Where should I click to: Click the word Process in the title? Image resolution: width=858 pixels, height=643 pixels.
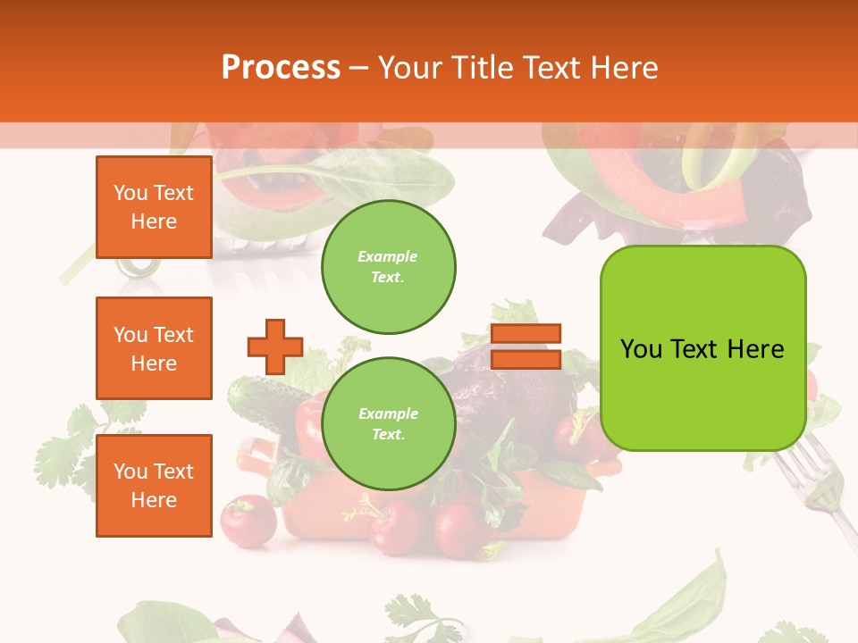point(281,68)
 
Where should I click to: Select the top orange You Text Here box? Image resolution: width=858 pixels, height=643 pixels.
point(154,207)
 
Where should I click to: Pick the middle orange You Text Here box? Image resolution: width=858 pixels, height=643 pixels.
point(154,348)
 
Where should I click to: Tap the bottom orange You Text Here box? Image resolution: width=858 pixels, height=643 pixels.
point(154,485)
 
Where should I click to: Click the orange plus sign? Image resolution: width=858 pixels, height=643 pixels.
point(274,347)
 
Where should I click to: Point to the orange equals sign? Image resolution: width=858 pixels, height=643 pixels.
point(526,347)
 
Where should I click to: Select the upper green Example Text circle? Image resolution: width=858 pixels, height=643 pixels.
point(388,267)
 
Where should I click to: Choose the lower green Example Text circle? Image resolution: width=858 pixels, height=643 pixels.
point(388,424)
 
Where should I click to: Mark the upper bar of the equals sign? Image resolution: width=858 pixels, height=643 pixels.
point(526,334)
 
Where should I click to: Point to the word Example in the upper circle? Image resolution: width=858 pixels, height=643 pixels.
point(388,257)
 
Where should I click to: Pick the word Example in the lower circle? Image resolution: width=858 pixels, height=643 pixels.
point(388,414)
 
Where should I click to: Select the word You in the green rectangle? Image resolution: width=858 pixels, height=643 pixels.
point(641,349)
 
